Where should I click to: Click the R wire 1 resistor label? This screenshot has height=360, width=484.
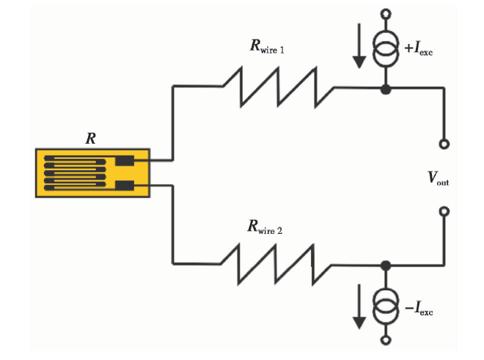coord(267,46)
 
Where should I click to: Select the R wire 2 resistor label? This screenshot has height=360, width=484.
coord(265,227)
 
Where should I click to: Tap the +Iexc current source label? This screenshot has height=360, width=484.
coord(419,48)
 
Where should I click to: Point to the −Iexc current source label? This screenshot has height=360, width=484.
coord(419,308)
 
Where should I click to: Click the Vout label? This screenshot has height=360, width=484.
coord(439,178)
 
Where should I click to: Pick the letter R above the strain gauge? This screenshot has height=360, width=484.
coord(91,139)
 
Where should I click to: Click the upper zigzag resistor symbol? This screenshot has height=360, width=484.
coord(278,87)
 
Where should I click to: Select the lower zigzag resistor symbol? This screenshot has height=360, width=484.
coord(276,264)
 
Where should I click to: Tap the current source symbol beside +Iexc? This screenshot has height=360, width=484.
coord(386,48)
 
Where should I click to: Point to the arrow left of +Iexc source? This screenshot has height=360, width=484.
coord(359,45)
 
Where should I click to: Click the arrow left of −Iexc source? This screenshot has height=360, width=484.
coord(359,306)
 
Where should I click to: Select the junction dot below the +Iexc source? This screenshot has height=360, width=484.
coord(386,89)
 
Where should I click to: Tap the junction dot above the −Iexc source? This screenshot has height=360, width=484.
coord(386,265)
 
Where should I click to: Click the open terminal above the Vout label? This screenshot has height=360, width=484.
coord(444,144)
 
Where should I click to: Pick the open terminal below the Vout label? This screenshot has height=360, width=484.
coord(444,211)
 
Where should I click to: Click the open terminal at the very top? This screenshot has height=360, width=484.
coord(386,14)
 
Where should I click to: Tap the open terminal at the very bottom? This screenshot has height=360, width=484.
coord(386,340)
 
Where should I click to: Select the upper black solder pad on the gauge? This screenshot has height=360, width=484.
coord(125,161)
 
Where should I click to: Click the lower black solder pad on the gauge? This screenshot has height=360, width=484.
coord(125,185)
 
